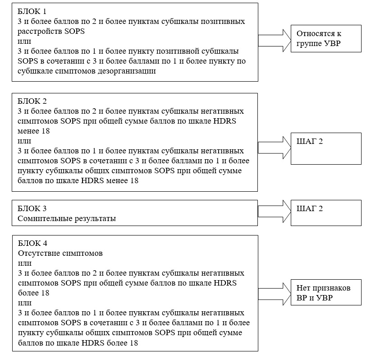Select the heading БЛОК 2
(32, 101)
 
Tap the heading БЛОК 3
(32, 208)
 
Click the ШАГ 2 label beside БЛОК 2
(310, 141)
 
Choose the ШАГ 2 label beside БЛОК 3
(310, 208)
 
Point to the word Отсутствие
(37, 253)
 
